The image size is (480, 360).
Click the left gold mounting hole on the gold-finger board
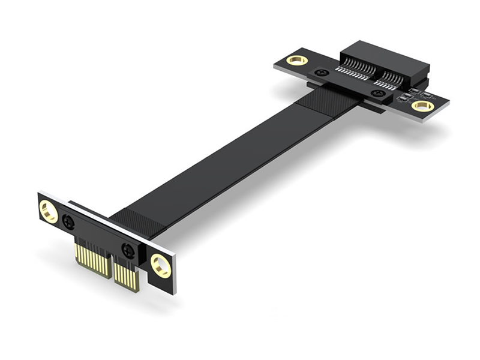tap(49, 211)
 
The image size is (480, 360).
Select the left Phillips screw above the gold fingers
tap(68, 222)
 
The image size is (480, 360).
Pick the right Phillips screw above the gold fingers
tap(128, 251)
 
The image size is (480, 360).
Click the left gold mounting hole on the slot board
tap(296, 60)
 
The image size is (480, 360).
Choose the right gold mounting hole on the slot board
tap(422, 106)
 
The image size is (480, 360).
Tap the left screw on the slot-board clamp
tap(322, 73)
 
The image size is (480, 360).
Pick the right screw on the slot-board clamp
tap(378, 94)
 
